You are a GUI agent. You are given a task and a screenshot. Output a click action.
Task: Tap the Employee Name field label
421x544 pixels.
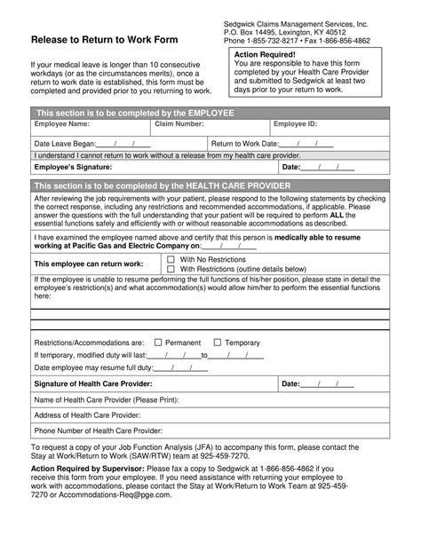62,125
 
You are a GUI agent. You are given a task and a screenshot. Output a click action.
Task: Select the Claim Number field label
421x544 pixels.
178,125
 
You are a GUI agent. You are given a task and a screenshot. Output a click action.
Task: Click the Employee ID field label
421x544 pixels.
301,125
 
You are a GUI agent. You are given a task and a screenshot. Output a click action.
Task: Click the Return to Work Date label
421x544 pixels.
246,142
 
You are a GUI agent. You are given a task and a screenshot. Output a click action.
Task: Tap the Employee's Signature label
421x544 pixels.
73,167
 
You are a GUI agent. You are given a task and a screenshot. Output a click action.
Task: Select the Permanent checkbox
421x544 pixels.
158,342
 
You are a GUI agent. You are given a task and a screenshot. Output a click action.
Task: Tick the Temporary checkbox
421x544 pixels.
218,342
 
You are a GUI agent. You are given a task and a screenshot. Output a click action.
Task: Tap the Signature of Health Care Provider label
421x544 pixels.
92,383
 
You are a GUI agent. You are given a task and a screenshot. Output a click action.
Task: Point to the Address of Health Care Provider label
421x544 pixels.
87,414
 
